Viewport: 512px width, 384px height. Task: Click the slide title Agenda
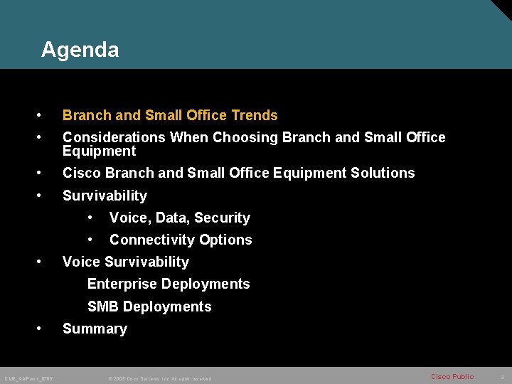pos(80,50)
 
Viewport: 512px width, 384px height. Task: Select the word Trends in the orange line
pos(255,115)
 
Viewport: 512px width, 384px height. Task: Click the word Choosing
pos(245,137)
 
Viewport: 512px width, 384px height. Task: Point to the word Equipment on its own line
pos(99,151)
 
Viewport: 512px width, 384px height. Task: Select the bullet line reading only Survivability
pos(105,196)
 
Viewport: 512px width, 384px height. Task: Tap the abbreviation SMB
pos(103,306)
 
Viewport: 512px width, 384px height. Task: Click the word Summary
pos(95,329)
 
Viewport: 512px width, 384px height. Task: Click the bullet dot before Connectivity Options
pos(90,240)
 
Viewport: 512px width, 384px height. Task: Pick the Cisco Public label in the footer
pos(452,377)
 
